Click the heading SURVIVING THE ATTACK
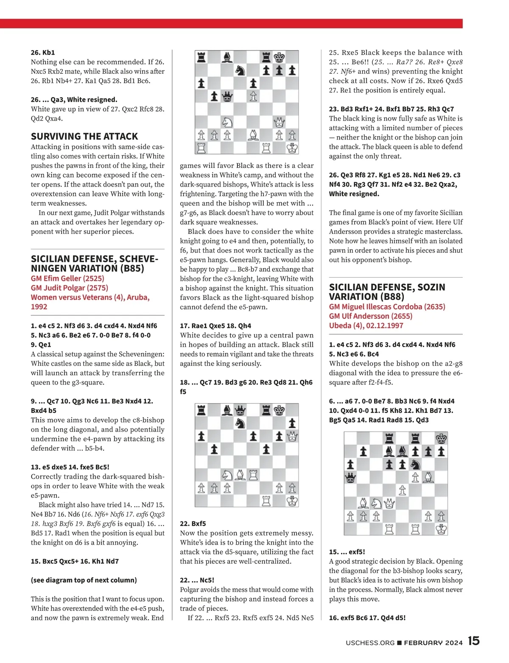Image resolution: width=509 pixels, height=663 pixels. (x=84, y=136)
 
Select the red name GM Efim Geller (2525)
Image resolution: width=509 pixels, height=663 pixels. (x=67, y=279)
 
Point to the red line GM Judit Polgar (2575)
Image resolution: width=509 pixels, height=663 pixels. (x=70, y=288)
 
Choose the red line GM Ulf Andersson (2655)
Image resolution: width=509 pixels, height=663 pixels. (x=371, y=316)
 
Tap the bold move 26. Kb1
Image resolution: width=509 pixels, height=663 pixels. (x=43, y=53)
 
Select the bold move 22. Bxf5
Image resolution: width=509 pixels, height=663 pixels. (x=193, y=524)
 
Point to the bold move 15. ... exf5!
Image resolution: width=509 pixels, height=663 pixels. (x=347, y=552)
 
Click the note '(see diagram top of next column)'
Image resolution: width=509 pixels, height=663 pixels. (x=84, y=580)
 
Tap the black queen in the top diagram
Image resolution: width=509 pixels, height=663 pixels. (x=227, y=97)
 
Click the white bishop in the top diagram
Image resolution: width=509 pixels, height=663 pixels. (x=253, y=135)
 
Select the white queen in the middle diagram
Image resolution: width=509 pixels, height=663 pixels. (x=292, y=436)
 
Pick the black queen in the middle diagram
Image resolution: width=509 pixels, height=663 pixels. (x=241, y=410)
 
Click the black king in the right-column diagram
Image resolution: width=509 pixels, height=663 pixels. (x=441, y=438)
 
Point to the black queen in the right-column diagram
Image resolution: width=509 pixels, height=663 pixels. (x=350, y=478)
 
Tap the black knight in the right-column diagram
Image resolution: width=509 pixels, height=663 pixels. (x=415, y=465)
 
